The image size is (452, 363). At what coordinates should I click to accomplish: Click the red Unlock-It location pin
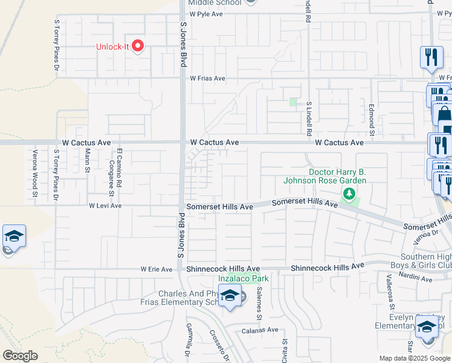point(138,46)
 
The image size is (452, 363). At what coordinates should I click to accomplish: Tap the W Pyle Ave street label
point(207,13)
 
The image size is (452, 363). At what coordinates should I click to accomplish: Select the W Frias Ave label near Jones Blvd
point(207,78)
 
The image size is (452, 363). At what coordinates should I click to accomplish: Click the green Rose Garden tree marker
point(348,194)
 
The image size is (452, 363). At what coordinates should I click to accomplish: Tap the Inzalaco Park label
point(244,278)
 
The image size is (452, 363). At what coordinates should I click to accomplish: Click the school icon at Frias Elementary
point(230,296)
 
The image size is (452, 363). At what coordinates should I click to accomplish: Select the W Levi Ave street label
point(105,206)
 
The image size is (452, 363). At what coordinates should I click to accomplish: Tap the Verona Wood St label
point(35,174)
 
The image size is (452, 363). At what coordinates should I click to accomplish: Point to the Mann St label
point(88,161)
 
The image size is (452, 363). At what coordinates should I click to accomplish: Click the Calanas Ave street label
point(260,330)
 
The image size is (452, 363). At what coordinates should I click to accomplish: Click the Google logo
point(20,356)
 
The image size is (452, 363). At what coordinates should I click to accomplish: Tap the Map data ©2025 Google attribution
point(415,358)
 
